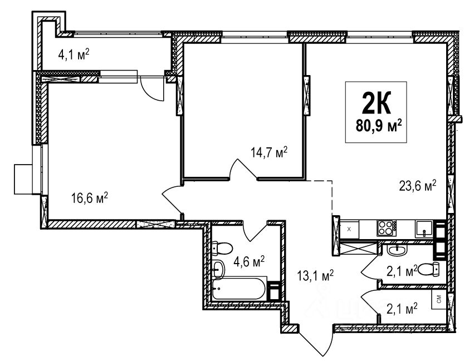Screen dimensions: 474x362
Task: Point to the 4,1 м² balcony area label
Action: coord(74,55)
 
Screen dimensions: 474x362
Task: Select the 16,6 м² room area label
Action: coord(90,198)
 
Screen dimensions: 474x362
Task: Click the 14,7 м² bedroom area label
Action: coord(268,152)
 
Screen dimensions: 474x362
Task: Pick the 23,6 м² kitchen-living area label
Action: coord(418,185)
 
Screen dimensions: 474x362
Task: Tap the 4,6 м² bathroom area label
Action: coord(249,262)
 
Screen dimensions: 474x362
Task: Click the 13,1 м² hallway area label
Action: coord(315,275)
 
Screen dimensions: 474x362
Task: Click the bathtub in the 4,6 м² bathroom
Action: coord(239,289)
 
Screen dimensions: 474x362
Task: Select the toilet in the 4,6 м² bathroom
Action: coord(222,248)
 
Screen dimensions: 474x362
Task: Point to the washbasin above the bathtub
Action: coord(218,269)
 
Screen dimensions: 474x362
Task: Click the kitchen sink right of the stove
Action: coord(424,229)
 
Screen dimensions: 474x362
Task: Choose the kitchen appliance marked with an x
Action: coord(349,229)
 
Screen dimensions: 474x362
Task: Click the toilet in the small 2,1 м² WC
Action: coord(429,269)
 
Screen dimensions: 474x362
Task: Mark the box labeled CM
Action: coord(439,299)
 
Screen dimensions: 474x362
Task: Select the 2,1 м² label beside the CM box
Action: coord(402,309)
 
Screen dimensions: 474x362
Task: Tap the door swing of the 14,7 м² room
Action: coord(243,169)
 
